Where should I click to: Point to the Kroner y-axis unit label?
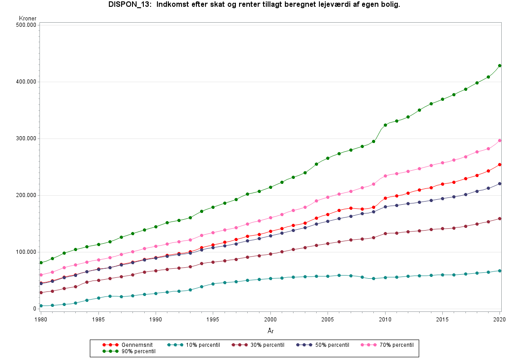coord(28,19)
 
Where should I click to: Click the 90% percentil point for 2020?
coord(499,65)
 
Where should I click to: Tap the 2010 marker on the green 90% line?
coord(385,125)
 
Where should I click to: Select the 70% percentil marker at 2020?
coord(499,140)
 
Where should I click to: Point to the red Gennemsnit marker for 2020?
coord(499,164)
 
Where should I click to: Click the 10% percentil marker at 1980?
coord(41,306)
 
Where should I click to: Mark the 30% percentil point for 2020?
coord(499,218)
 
